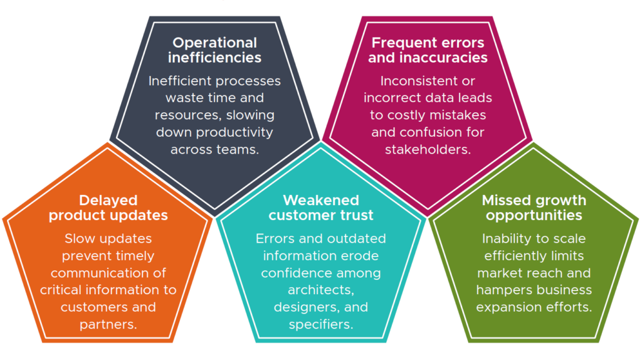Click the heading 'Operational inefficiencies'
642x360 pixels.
pyautogui.click(x=214, y=50)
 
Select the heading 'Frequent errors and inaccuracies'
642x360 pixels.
pyautogui.click(x=428, y=50)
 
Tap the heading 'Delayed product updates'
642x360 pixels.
pyautogui.click(x=108, y=208)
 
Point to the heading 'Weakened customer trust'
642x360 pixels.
pyautogui.click(x=320, y=208)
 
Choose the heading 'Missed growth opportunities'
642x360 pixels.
pyautogui.click(x=534, y=208)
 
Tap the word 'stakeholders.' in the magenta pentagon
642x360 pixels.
pyautogui.click(x=428, y=150)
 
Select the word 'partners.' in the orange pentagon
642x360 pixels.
pyautogui.click(x=108, y=324)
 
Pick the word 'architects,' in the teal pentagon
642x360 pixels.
pyautogui.click(x=320, y=290)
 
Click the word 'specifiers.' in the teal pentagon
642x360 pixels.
pyautogui.click(x=320, y=324)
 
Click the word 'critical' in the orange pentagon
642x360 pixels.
pyautogui.click(x=61, y=290)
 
